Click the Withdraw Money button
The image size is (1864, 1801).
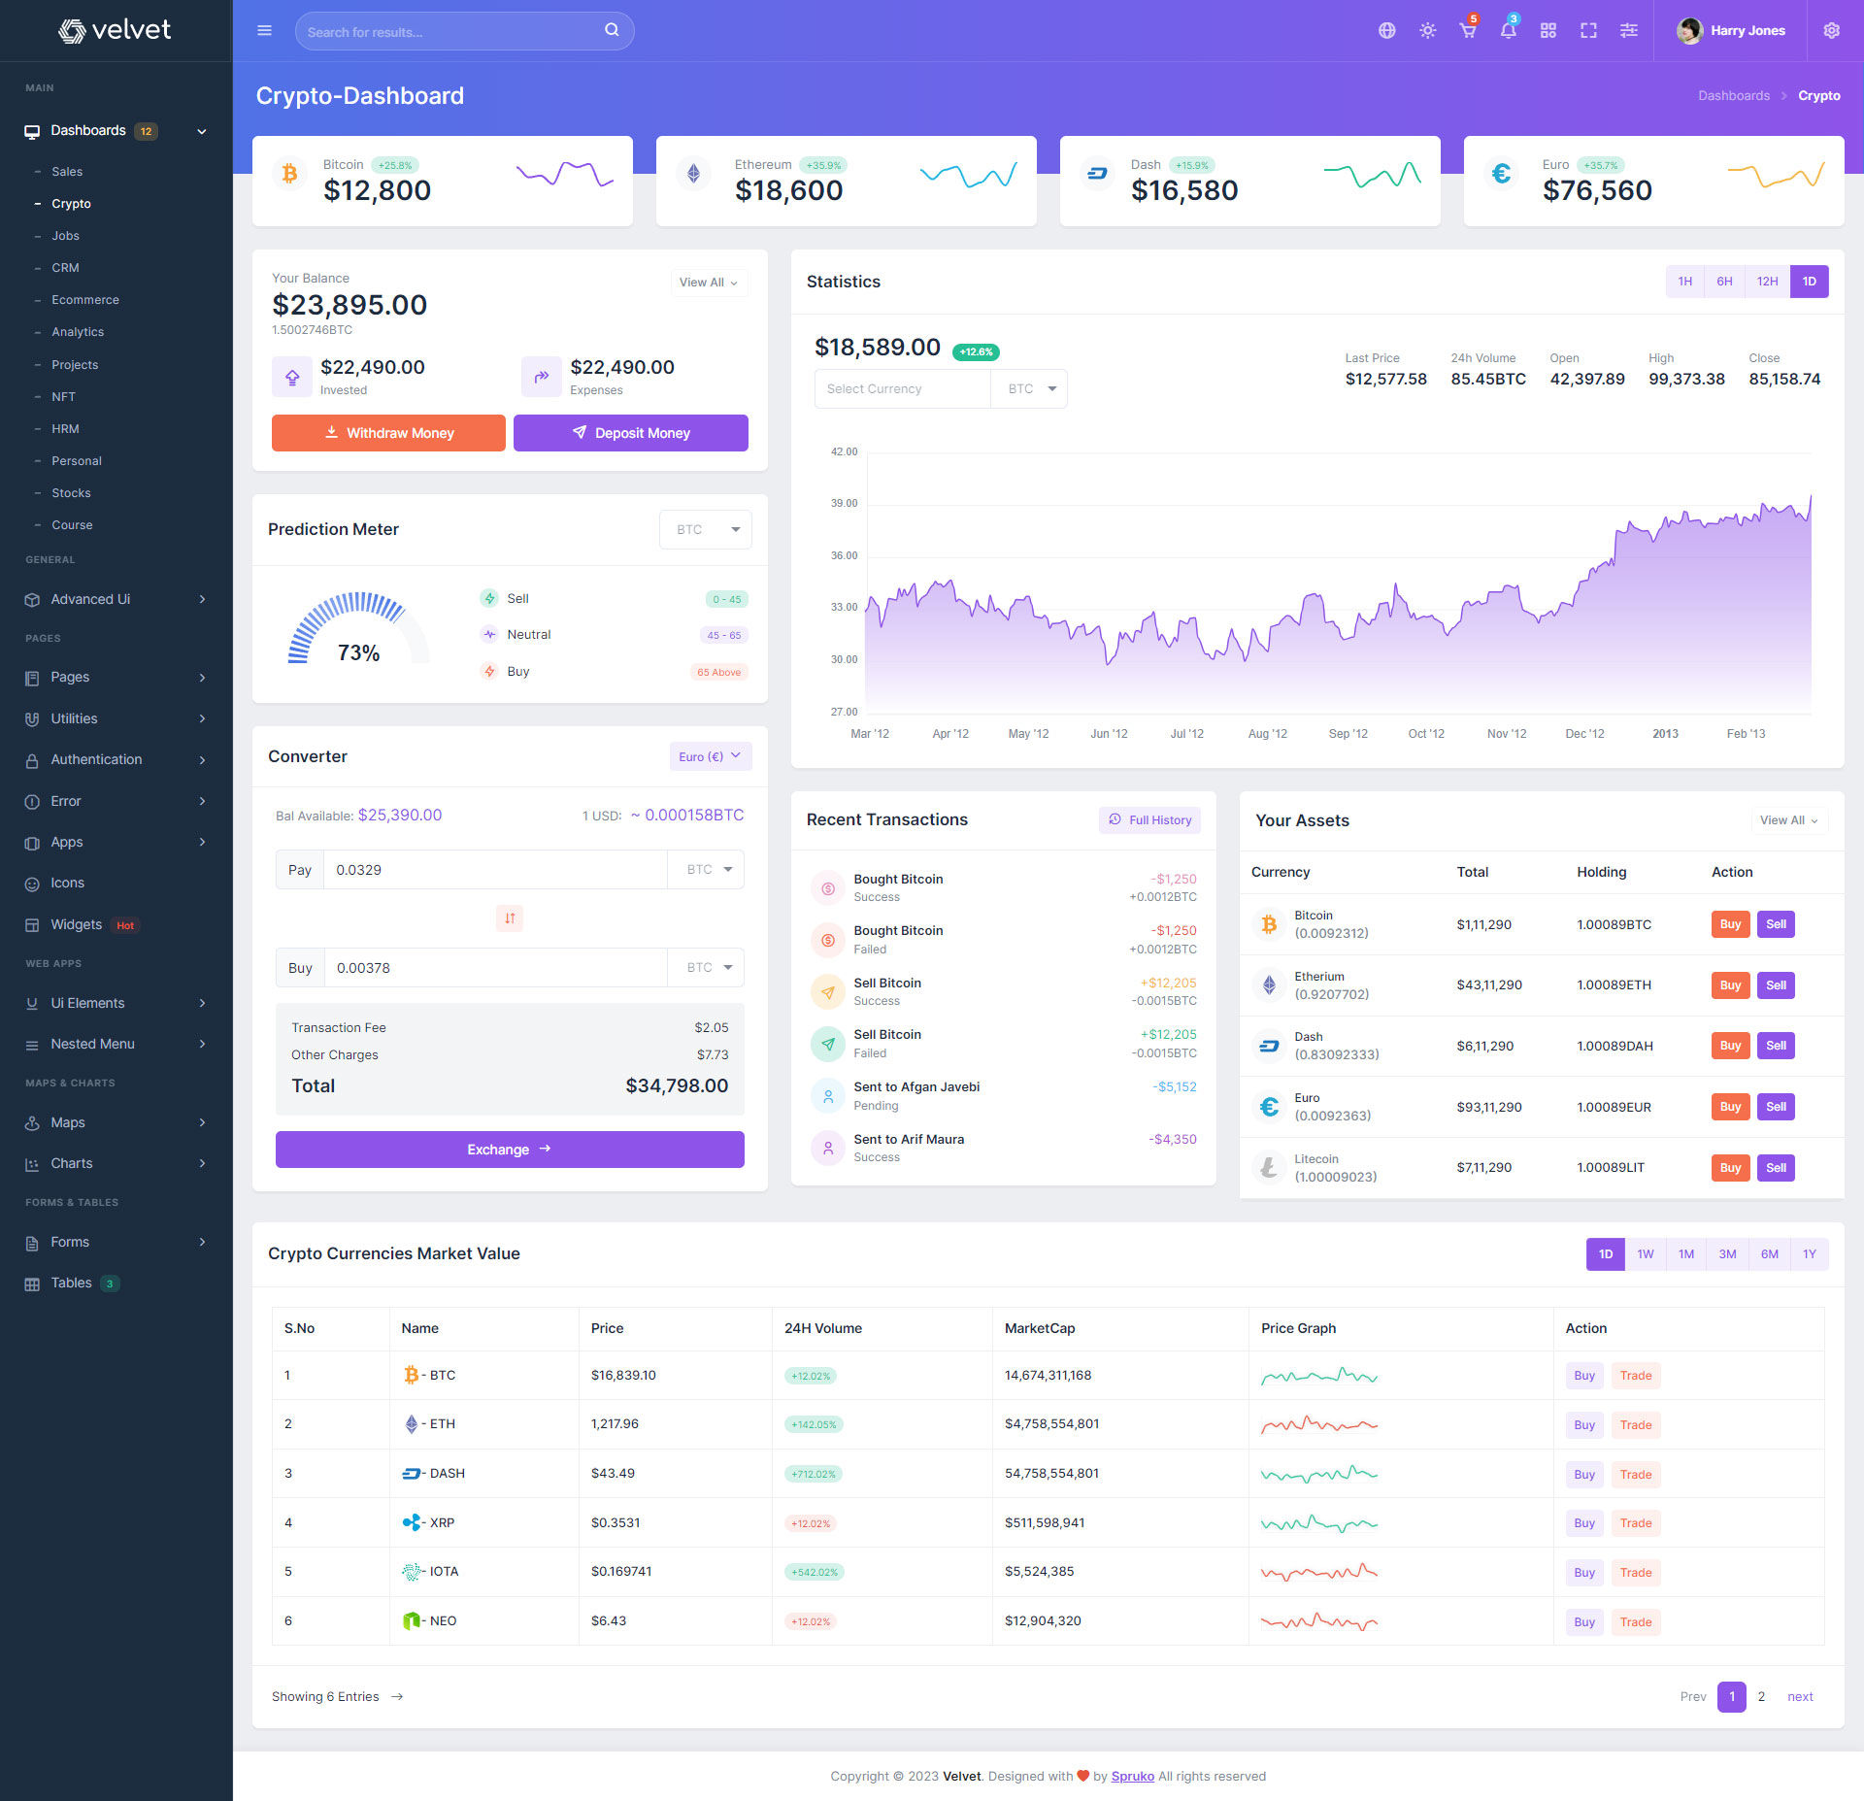[x=388, y=433]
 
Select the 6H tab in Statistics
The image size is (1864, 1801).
[x=1723, y=282]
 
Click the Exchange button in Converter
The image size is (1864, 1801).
[x=510, y=1150]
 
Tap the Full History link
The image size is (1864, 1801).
[x=1149, y=820]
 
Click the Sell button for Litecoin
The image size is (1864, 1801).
[x=1775, y=1168]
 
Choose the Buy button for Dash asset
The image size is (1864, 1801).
[x=1729, y=1046]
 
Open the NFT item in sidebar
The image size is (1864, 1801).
[x=63, y=396]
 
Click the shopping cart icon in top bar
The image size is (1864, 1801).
[x=1467, y=31]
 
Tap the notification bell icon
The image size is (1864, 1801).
[x=1508, y=31]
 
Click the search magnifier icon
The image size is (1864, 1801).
[x=612, y=30]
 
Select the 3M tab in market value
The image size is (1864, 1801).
[x=1727, y=1254]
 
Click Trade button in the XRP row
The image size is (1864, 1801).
[x=1635, y=1523]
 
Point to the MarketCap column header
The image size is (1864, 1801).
[x=1039, y=1328]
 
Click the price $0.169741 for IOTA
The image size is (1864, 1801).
[x=621, y=1572]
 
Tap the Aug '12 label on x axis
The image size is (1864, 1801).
[x=1267, y=734]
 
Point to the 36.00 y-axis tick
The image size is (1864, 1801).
[x=844, y=555]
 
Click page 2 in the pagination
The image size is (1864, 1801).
[x=1761, y=1697]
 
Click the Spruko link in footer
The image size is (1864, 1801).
[x=1132, y=1777]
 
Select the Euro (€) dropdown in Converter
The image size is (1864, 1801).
[x=710, y=756]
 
